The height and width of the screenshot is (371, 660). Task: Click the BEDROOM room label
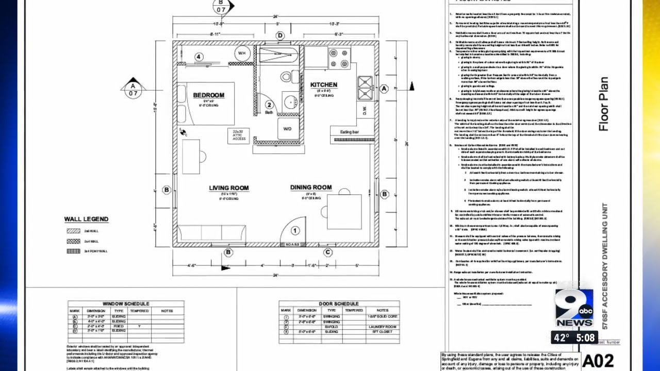(x=209, y=95)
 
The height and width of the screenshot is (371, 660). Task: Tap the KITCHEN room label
(x=323, y=85)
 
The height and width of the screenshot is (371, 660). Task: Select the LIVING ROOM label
(x=228, y=188)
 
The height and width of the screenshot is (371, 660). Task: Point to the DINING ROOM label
(x=310, y=188)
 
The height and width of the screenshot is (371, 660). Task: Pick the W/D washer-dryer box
(x=287, y=129)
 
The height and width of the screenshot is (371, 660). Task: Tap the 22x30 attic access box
(x=238, y=136)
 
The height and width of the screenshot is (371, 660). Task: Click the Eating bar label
(x=349, y=132)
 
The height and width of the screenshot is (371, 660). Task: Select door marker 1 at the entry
(x=295, y=231)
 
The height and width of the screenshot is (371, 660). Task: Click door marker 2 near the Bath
(x=269, y=105)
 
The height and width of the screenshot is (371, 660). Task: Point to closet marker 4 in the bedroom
(x=199, y=57)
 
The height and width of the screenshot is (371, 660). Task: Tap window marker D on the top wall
(x=280, y=36)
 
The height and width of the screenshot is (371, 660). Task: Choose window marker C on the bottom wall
(x=327, y=252)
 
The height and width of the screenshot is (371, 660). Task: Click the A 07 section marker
(x=133, y=90)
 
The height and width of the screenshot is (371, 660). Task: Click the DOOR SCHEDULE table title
(x=339, y=304)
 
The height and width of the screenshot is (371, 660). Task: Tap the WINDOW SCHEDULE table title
(x=126, y=304)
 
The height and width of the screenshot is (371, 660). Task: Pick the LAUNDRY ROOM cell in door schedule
(x=382, y=327)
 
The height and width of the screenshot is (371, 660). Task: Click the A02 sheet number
(x=598, y=360)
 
